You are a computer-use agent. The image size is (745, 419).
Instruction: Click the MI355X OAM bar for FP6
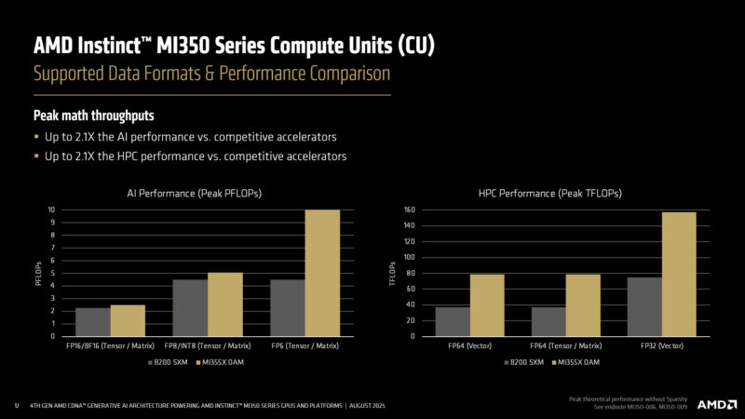click(x=322, y=273)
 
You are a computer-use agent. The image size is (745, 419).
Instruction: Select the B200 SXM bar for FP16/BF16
click(x=93, y=321)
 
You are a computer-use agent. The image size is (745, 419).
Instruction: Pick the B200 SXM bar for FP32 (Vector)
click(x=644, y=306)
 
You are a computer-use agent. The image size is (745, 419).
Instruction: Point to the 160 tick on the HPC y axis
click(x=409, y=209)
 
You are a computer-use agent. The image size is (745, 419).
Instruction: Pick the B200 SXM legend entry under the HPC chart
click(x=528, y=361)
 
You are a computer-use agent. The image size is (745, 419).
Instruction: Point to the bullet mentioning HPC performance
click(x=196, y=156)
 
